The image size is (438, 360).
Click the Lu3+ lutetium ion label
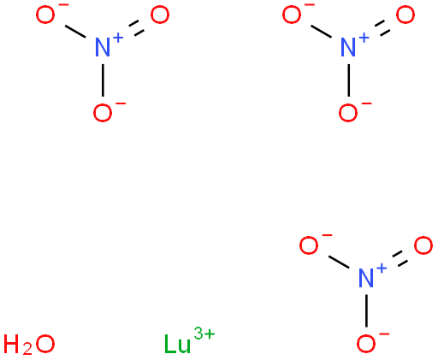[189, 341]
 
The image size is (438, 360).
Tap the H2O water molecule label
[29, 344]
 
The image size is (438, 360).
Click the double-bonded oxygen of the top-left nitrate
[160, 15]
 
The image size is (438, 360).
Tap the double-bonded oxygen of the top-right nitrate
[405, 15]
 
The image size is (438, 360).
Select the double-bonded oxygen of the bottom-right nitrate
[423, 245]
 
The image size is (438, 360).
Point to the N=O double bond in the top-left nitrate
[136, 28]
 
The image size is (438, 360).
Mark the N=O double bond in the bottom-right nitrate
[400, 259]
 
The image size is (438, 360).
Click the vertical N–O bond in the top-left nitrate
[103, 80]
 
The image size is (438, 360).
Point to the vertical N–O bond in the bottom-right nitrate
[366, 310]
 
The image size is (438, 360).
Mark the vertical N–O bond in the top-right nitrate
[348, 80]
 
